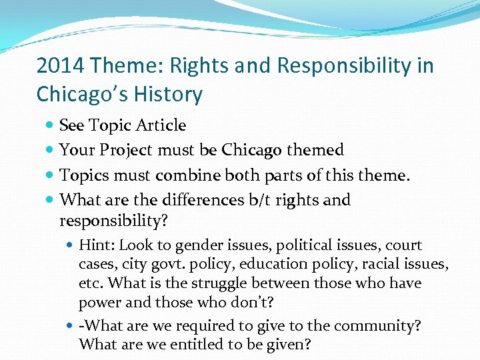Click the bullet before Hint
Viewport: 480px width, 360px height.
(71, 246)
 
